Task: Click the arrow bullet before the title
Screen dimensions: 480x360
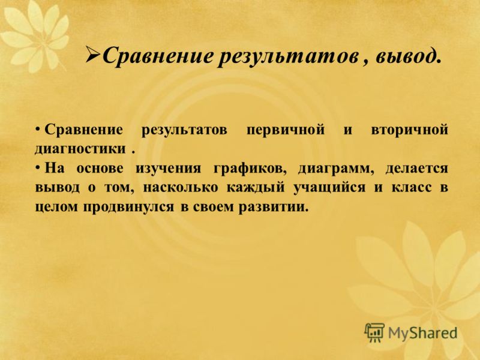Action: (93, 55)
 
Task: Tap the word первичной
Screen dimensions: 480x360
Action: (286, 130)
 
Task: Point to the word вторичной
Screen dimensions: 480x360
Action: (410, 130)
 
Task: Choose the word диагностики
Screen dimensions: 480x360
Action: (80, 149)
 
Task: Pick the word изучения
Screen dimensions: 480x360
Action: (168, 169)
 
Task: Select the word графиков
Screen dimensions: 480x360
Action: (250, 169)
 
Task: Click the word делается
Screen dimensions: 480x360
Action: (416, 169)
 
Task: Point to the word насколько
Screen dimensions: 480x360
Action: (181, 188)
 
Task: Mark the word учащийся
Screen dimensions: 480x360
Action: (329, 188)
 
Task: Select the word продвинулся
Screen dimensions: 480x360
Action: (128, 207)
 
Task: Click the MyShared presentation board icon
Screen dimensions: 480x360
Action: (374, 332)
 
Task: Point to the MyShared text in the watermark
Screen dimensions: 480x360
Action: (423, 333)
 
